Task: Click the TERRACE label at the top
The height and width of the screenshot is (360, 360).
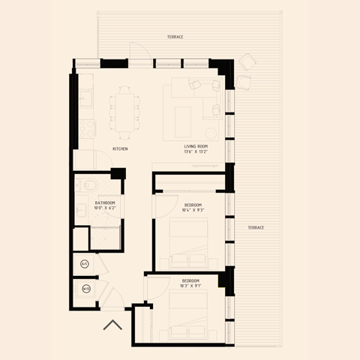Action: point(175,37)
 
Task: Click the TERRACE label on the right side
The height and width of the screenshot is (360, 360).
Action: point(256,227)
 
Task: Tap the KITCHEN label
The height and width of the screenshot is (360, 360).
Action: point(120,148)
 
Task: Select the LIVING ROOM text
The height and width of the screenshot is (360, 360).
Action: point(196,146)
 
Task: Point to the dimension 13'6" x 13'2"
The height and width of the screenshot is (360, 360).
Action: point(196,152)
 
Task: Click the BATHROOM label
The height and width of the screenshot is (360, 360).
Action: point(105,202)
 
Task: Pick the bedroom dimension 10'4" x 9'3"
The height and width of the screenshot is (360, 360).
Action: point(193,211)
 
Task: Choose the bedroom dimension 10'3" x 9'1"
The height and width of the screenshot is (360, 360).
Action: point(190,286)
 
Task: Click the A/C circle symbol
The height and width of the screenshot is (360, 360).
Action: point(84,263)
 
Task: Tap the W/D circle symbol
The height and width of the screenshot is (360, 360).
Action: point(85,289)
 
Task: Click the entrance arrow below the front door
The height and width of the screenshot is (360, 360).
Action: point(112,325)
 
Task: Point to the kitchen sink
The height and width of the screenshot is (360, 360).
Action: point(83,97)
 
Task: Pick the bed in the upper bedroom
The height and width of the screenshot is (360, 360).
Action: point(187,241)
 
